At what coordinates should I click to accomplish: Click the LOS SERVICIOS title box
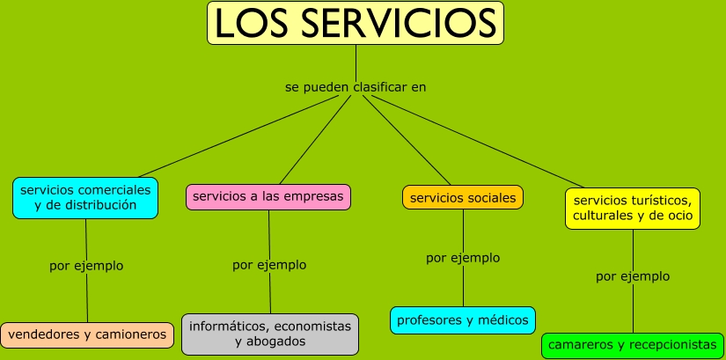[x=356, y=23]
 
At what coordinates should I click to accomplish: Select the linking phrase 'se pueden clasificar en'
[x=356, y=87]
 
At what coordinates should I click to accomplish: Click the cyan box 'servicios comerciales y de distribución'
[x=85, y=197]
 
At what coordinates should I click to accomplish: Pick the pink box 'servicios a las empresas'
[x=268, y=196]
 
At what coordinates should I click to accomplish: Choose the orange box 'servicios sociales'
[x=463, y=197]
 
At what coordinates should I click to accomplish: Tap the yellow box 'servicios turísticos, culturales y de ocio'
[x=633, y=208]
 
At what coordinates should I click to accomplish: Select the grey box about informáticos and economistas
[x=270, y=334]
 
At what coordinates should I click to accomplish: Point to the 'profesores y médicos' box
[x=463, y=320]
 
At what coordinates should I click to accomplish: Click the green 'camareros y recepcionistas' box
[x=632, y=346]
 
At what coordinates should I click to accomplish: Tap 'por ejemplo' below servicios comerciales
[x=86, y=265]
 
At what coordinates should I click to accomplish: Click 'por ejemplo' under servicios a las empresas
[x=269, y=264]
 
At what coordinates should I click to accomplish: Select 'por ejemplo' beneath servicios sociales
[x=463, y=258]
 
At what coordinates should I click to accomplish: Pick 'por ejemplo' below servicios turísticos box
[x=633, y=276]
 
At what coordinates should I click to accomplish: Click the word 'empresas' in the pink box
[x=317, y=196]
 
